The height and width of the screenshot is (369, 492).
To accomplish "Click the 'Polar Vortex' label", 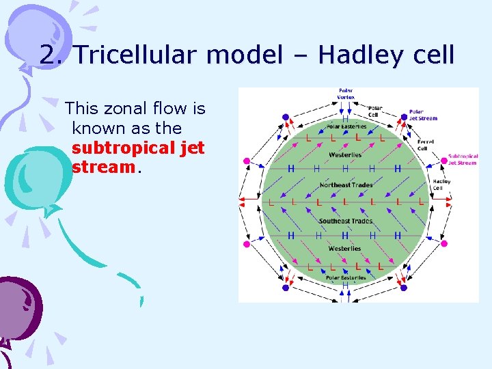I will click(346, 94).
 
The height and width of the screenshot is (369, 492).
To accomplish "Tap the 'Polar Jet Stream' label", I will click(423, 115).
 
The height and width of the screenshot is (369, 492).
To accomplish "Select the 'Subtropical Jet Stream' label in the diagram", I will click(463, 159).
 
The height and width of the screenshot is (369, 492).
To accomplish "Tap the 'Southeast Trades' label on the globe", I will click(345, 221).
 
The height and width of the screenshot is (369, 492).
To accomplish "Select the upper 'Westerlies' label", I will click(345, 155).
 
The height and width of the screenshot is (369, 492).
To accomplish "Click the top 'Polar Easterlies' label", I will click(346, 126).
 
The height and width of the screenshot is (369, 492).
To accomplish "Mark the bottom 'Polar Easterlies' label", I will click(345, 277).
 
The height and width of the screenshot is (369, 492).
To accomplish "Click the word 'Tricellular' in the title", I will click(137, 55).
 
